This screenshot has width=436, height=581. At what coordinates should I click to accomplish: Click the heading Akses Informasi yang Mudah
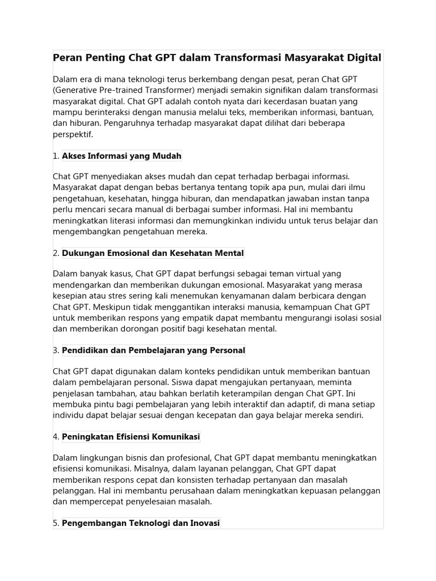(x=121, y=155)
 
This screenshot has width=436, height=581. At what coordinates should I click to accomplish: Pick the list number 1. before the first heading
(x=56, y=155)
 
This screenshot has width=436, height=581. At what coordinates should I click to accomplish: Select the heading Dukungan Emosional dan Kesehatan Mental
(x=153, y=253)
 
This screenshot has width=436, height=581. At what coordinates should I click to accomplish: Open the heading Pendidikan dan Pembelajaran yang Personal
(x=153, y=351)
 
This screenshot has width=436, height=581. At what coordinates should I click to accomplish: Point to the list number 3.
(x=56, y=351)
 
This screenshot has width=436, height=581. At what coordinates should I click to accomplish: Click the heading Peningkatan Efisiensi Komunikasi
(x=131, y=437)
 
